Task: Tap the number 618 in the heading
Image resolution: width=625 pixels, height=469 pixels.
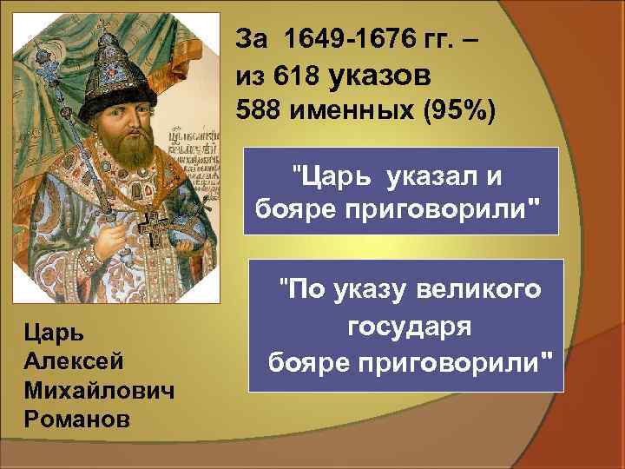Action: click(x=293, y=76)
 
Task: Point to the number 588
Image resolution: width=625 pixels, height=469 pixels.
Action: click(x=258, y=111)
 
